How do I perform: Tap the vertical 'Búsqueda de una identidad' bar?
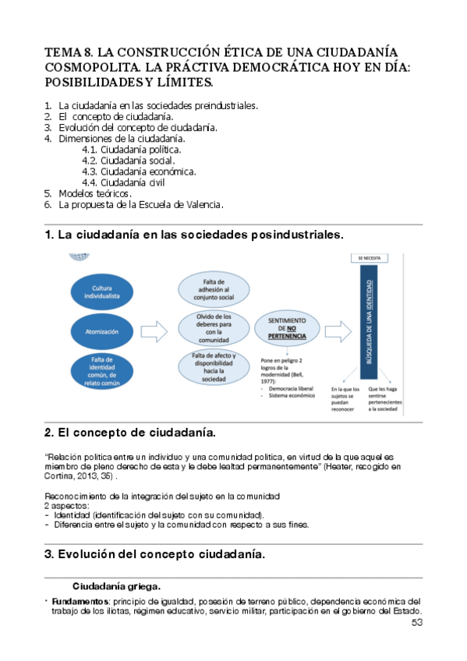point(371,323)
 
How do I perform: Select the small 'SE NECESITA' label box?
point(371,257)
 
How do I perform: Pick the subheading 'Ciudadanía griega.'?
point(116,586)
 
